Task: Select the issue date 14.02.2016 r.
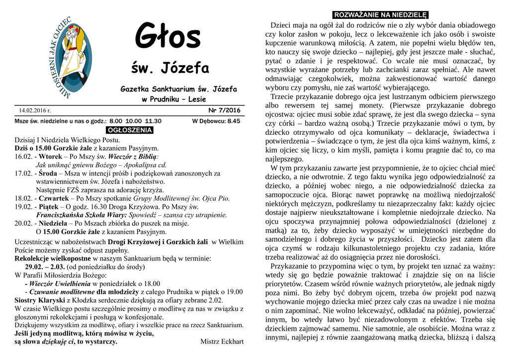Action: click(x=35, y=110)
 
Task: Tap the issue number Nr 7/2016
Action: click(x=224, y=110)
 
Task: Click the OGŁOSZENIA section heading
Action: click(x=130, y=130)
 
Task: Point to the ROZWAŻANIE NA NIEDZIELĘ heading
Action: click(x=380, y=14)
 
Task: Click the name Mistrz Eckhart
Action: click(x=222, y=342)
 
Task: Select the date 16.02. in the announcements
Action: click(x=23, y=156)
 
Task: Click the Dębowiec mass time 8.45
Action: click(x=233, y=121)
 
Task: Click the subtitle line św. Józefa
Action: click(x=170, y=68)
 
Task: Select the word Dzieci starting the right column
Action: click(x=280, y=25)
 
